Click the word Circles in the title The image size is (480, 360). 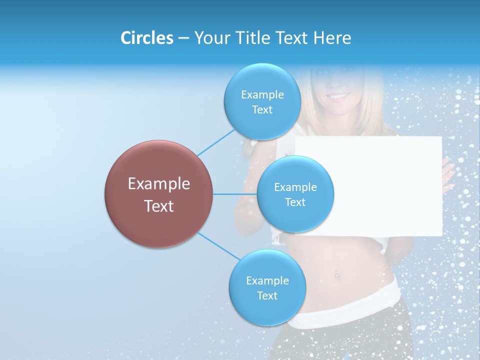tap(146, 38)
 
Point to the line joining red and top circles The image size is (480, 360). tap(216, 142)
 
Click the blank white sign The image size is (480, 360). tap(380, 185)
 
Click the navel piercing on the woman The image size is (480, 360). tap(337, 274)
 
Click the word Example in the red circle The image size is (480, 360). tap(158, 184)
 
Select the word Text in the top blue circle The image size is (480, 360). tap(262, 110)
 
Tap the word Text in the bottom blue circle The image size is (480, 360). tap(267, 296)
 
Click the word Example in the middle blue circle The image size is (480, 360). tap(295, 187)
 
